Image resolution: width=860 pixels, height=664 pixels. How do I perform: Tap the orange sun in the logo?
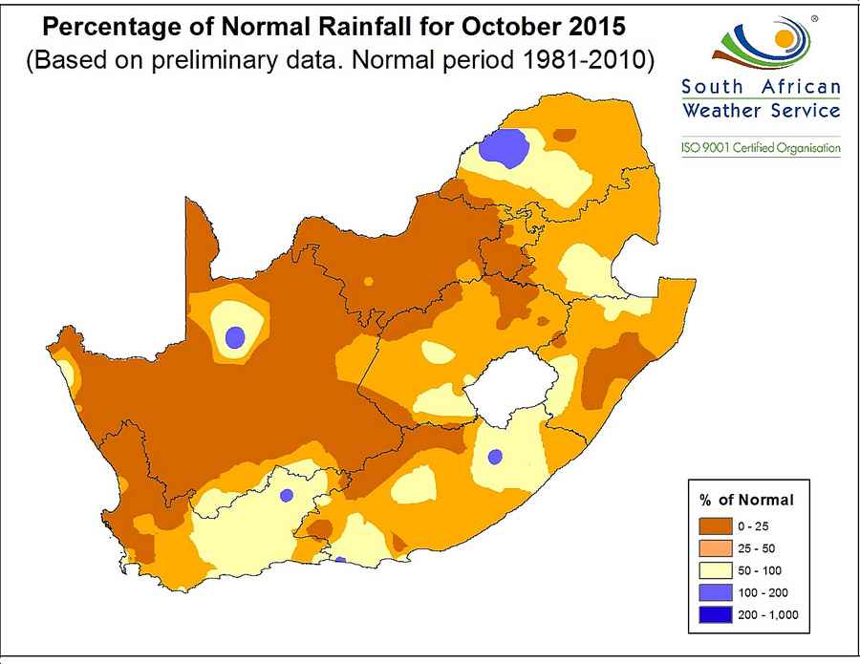[x=784, y=39]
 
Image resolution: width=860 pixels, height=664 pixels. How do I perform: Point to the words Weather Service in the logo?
[x=761, y=110]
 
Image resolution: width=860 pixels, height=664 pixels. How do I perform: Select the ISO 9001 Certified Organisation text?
[x=761, y=148]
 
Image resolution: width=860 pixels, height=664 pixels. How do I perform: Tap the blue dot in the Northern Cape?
[x=235, y=335]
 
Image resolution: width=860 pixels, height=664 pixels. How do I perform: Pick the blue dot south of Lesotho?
[x=494, y=457]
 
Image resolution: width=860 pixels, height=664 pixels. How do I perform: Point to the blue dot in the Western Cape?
[x=287, y=496]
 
